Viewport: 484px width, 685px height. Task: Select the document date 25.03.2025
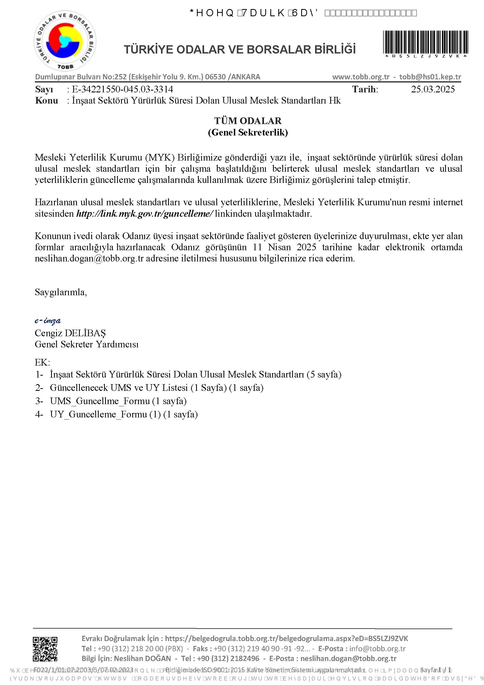[x=433, y=89]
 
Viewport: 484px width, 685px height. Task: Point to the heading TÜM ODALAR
[x=248, y=121]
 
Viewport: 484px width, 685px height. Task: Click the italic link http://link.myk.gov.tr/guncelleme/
[x=145, y=214]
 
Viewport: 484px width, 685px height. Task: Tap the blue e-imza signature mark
[x=48, y=321]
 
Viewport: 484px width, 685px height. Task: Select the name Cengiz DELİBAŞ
[x=71, y=333]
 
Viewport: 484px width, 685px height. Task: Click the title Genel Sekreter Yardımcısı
[x=86, y=344]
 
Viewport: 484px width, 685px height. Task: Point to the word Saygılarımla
[x=61, y=292]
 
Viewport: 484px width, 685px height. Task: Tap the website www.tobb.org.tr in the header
[x=361, y=77]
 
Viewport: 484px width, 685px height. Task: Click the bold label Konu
[x=46, y=101]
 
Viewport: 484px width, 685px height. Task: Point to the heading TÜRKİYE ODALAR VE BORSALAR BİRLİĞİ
[x=240, y=50]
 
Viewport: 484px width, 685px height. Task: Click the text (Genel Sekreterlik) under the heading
[x=248, y=132]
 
